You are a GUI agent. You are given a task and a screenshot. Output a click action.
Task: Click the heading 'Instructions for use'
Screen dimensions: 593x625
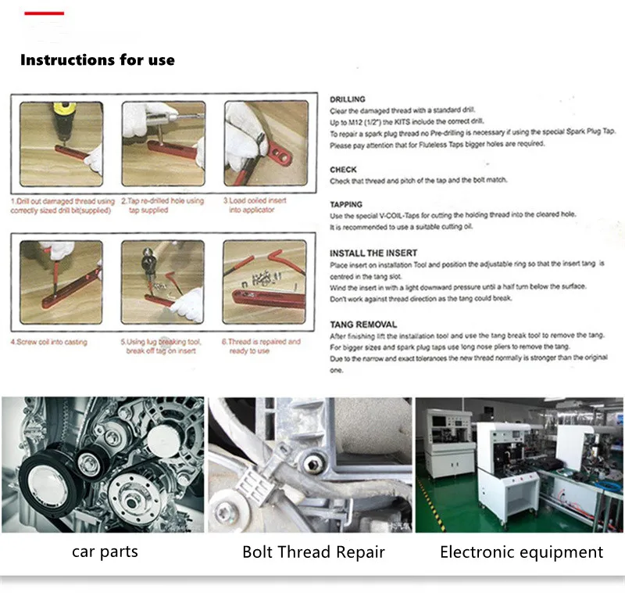[98, 60]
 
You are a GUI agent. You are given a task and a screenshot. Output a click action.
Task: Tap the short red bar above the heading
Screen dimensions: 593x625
[44, 13]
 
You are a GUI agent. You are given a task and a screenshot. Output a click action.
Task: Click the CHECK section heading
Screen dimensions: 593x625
[343, 169]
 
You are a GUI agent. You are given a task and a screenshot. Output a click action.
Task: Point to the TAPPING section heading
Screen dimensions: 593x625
[346, 204]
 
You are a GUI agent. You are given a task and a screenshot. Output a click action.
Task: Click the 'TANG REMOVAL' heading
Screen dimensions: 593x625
[363, 324]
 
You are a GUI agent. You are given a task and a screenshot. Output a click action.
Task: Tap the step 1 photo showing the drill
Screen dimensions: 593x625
[61, 144]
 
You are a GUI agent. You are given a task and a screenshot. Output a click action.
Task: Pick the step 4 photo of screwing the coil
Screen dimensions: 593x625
[61, 284]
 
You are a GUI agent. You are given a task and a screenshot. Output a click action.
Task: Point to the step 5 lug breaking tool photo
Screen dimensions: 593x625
[162, 284]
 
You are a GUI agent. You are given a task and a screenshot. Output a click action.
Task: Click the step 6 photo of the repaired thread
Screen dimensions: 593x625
[264, 284]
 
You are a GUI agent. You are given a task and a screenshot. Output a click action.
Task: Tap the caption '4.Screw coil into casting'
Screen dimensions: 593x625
[48, 343]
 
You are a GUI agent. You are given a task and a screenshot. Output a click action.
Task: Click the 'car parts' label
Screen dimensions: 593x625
[105, 552]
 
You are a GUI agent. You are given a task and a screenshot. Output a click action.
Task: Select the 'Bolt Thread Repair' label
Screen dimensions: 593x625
[313, 552]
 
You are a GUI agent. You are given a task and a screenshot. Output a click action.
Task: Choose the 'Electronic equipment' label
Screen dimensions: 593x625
[521, 552]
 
